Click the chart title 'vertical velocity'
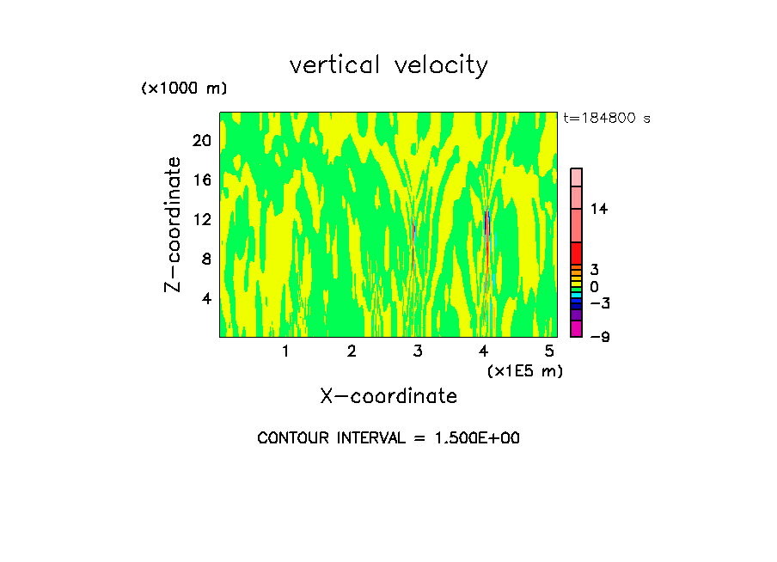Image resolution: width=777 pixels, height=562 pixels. pos(388,65)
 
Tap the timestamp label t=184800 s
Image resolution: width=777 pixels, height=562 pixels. pos(607,118)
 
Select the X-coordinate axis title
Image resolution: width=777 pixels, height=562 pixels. pos(388,396)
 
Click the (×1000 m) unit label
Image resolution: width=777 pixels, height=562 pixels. pos(184,89)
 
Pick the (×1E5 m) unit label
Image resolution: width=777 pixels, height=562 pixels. pos(524,370)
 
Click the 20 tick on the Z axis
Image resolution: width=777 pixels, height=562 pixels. pos(201,141)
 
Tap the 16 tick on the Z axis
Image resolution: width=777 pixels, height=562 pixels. pos(201,180)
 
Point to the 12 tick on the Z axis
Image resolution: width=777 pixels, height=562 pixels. pos(201,220)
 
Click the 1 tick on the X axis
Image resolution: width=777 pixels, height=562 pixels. pos(285,351)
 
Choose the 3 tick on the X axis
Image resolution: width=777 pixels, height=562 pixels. pos(418,351)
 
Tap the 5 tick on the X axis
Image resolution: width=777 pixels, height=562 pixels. pos(550,351)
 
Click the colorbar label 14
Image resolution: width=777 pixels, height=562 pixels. pos(598,210)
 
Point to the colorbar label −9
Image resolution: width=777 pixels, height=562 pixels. pos(599,337)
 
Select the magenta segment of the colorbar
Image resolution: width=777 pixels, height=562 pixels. pos(576,328)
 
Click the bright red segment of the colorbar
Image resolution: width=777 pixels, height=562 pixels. pos(576,254)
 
